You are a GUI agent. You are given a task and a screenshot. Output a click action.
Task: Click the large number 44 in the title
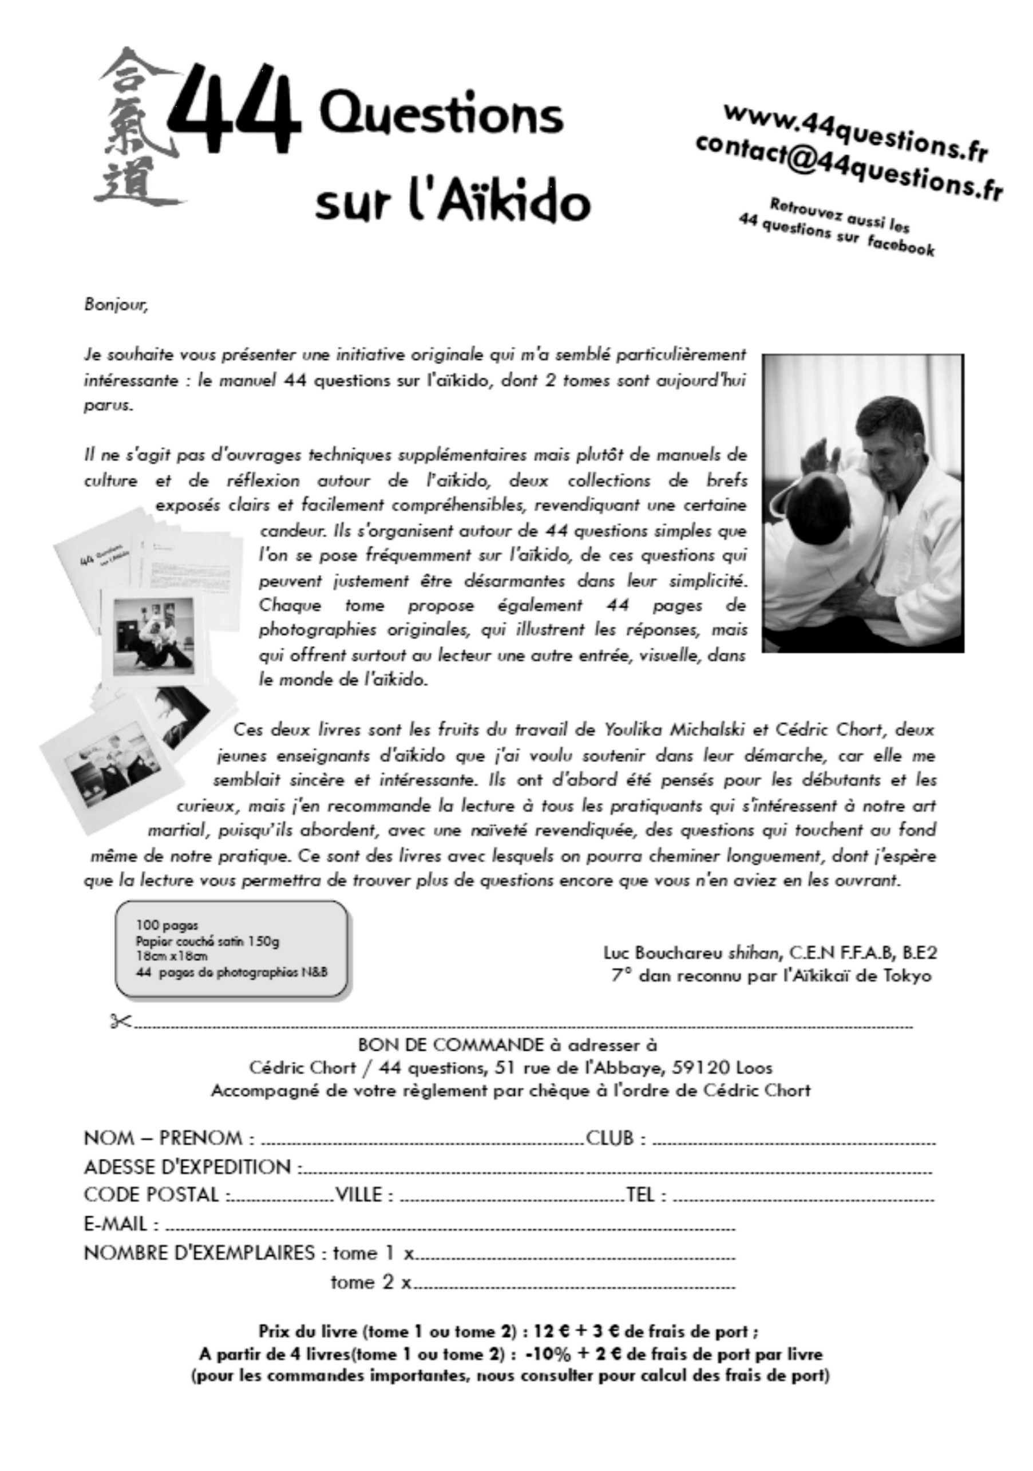pyautogui.click(x=233, y=102)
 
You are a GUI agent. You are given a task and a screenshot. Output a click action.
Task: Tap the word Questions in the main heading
pyautogui.click(x=441, y=115)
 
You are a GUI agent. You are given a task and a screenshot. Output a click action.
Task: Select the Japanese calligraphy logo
pyautogui.click(x=136, y=128)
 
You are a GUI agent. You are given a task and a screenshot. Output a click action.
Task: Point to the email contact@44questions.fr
pyautogui.click(x=849, y=168)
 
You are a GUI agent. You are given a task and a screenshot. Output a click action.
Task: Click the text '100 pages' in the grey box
pyautogui.click(x=167, y=925)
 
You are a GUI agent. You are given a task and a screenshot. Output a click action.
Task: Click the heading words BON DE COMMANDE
pyautogui.click(x=450, y=1045)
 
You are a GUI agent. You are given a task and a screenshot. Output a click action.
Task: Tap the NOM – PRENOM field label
pyautogui.click(x=169, y=1138)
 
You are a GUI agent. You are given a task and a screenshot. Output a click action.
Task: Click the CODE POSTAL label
pyautogui.click(x=152, y=1194)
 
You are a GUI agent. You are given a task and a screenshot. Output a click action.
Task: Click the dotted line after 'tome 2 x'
pyautogui.click(x=573, y=1283)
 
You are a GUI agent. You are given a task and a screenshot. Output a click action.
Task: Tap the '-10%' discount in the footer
pyautogui.click(x=547, y=1354)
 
